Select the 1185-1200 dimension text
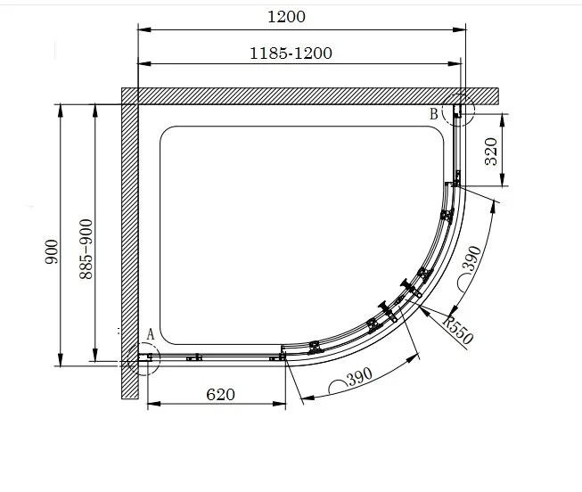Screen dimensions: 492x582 tap(291, 53)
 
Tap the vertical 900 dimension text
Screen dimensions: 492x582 tap(51, 252)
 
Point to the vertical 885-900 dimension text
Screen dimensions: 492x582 tap(86, 250)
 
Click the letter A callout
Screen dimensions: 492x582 tap(150, 334)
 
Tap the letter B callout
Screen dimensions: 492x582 tap(434, 113)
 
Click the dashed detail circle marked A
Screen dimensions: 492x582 tap(141, 359)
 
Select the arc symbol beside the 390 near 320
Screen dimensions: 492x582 tap(469, 283)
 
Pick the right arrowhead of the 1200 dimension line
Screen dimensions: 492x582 tap(464, 29)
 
